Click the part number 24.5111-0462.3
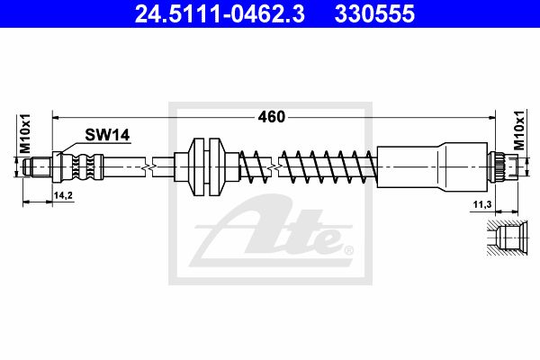coord(220,14)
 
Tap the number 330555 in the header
coord(374,14)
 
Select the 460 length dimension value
coord(272,117)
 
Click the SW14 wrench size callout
coord(107,135)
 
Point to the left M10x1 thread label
coord(25,134)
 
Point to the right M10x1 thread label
coord(519,130)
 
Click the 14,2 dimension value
coord(63,195)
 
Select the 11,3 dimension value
coord(482,204)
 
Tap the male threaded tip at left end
coord(37,167)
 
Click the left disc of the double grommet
coord(197,167)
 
